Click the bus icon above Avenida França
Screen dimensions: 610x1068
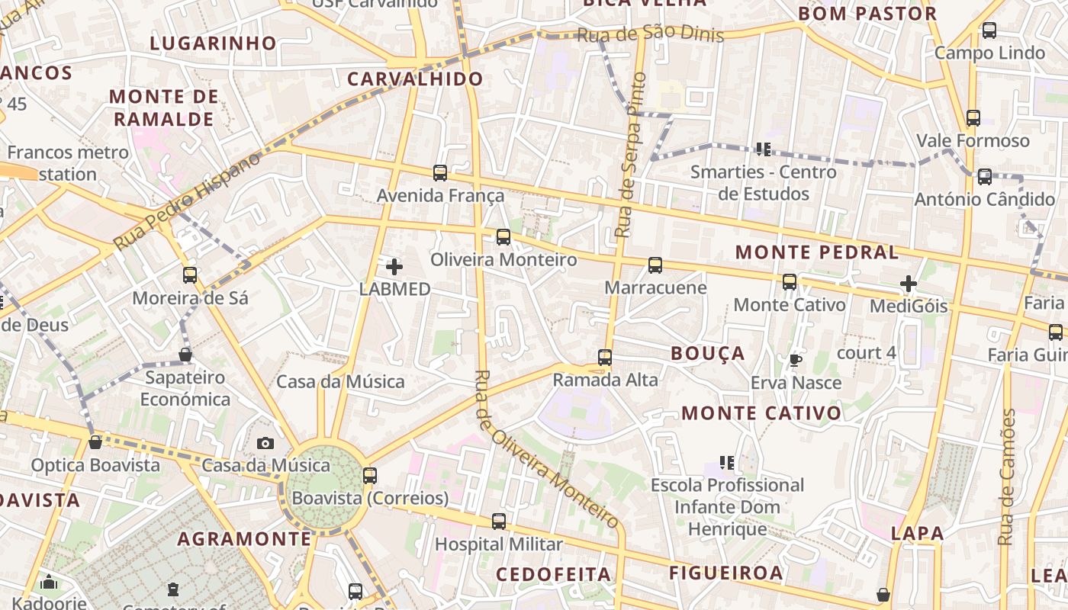click(440, 173)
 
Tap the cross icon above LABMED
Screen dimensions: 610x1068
click(394, 267)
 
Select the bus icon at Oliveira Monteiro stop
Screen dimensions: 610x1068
click(503, 237)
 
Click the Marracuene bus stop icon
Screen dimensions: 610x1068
click(655, 265)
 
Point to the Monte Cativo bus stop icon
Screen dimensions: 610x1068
click(790, 282)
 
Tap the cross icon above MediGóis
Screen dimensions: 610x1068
click(909, 284)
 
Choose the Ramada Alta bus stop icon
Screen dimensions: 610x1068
click(605, 357)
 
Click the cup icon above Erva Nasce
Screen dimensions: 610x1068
click(796, 360)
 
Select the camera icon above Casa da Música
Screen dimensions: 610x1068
click(265, 443)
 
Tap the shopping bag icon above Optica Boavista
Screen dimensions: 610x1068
click(95, 442)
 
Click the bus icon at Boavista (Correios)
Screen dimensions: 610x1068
click(370, 476)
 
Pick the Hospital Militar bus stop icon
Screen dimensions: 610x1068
click(499, 522)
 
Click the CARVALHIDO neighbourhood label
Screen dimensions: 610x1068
click(415, 79)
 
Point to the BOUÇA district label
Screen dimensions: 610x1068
click(707, 353)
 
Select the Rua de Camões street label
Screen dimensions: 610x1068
click(1008, 477)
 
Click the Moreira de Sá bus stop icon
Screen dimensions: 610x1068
click(190, 274)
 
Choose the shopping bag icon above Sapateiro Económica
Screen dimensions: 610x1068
click(185, 355)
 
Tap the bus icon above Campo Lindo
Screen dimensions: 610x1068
click(989, 30)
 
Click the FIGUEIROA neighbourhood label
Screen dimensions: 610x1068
click(725, 573)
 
